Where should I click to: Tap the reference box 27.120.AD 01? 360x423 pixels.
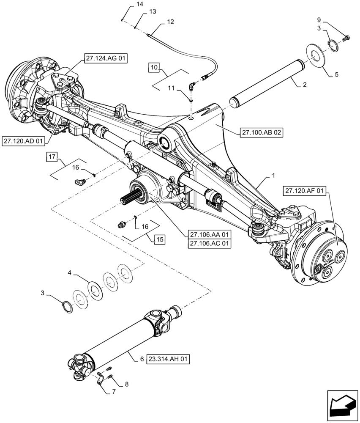[x=23, y=141]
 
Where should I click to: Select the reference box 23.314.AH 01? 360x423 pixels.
[x=168, y=360]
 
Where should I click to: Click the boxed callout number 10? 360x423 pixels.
[x=154, y=67]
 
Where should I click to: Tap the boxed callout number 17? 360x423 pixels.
[x=52, y=157]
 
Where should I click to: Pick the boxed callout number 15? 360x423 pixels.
[x=160, y=239]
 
